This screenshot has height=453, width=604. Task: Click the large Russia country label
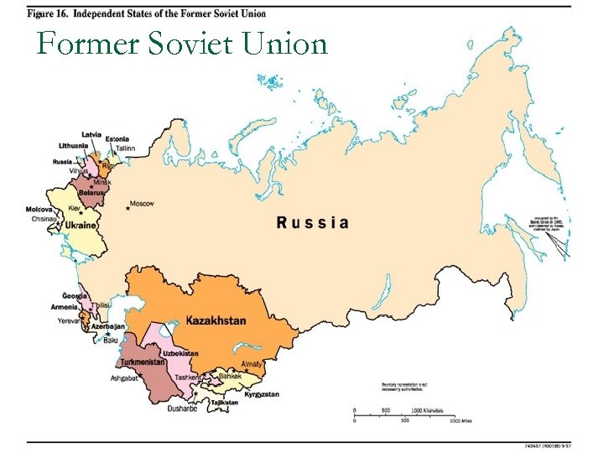pos(312,222)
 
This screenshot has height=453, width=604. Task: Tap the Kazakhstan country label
pos(216,320)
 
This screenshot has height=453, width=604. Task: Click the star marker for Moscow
pos(128,207)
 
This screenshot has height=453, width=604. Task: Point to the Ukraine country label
pos(81,226)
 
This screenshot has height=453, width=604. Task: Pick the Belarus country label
pos(91,192)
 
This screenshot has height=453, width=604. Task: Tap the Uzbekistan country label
pos(180,353)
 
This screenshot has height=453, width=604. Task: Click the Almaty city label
pos(252,364)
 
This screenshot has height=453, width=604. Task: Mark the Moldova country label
pos(39,209)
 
